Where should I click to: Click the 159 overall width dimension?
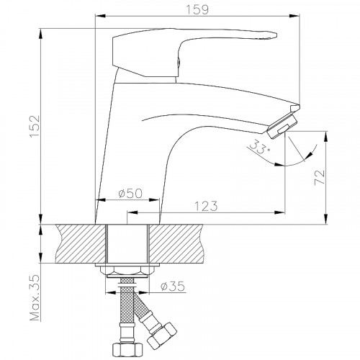point(197,9)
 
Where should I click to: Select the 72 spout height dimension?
point(320,177)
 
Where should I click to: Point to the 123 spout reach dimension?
point(206,206)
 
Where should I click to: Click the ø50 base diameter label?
point(130,193)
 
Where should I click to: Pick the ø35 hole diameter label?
point(173,286)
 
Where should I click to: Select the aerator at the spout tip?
point(283,126)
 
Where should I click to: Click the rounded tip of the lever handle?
point(274,35)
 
